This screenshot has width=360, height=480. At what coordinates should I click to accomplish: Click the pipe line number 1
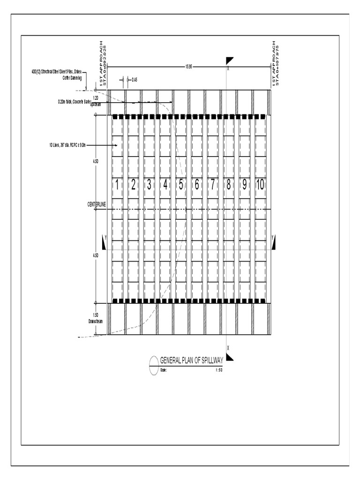(117, 185)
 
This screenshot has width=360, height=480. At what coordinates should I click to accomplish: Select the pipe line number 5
(180, 185)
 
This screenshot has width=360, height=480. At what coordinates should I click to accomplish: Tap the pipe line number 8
(228, 185)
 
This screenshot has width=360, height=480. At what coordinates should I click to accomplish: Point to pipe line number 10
(260, 185)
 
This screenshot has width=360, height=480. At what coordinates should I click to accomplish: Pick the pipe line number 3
(149, 185)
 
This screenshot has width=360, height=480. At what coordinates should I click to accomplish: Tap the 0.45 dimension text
(135, 80)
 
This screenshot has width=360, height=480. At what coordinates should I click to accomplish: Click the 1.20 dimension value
(96, 98)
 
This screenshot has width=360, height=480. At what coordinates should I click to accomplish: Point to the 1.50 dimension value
(96, 315)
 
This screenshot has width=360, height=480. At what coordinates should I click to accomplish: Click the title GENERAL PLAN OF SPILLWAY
(192, 360)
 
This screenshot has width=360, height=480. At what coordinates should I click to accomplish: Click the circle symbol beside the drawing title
(154, 365)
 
